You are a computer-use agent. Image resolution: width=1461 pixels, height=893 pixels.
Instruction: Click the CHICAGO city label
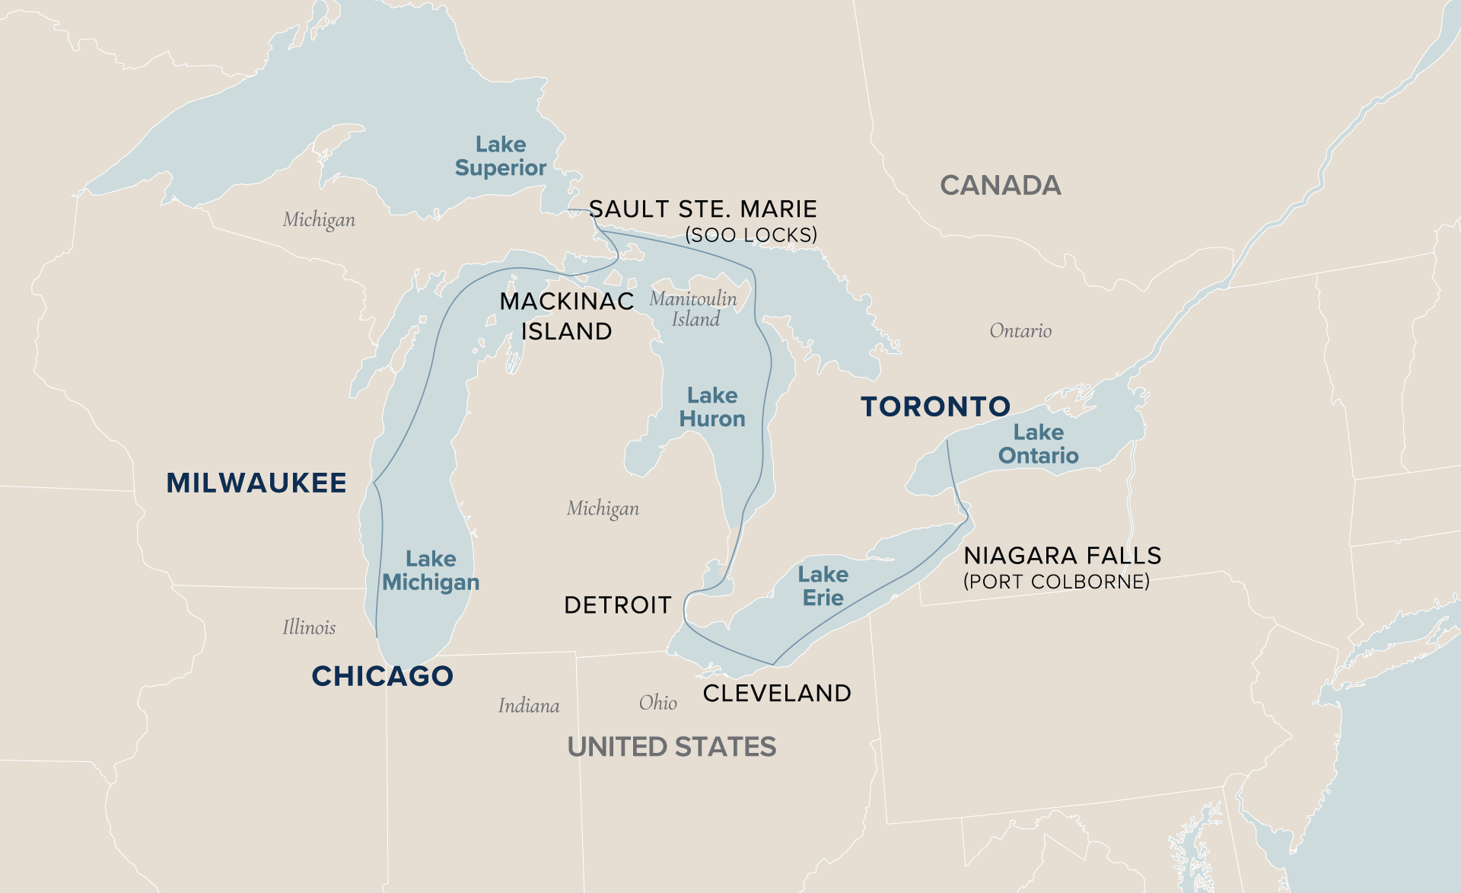[382, 676]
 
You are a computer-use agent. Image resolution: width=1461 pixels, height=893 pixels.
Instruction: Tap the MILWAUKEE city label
[256, 483]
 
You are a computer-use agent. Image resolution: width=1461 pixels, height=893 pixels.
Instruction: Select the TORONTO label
[935, 407]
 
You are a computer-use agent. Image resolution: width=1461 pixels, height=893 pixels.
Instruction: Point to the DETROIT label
[618, 605]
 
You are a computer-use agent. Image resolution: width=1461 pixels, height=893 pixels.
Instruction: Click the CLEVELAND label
[776, 693]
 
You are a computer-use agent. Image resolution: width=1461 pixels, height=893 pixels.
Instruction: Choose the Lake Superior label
[500, 156]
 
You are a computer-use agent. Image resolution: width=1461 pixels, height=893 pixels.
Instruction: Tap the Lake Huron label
[712, 407]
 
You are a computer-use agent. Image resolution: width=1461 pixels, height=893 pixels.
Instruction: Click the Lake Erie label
[823, 586]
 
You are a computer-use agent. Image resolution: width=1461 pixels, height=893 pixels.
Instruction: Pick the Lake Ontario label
[1038, 444]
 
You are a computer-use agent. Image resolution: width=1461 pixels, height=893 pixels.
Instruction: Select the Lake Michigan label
[431, 570]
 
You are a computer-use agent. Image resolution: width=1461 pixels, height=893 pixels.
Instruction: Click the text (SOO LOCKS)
[751, 235]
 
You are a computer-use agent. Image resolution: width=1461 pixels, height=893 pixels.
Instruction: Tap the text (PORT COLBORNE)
[1056, 582]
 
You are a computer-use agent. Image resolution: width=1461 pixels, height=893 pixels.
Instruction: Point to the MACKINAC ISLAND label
[567, 316]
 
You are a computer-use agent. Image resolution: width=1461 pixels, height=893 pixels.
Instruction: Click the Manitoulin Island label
[693, 308]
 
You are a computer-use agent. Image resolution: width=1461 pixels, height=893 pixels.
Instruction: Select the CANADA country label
[1000, 185]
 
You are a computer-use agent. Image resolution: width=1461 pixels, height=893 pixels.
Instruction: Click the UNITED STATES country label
[671, 747]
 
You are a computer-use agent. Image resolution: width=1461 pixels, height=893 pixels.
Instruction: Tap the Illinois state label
[309, 627]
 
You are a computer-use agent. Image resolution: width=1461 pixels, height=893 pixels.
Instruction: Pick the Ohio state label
[657, 702]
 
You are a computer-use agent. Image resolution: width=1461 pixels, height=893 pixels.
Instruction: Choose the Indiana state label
[529, 706]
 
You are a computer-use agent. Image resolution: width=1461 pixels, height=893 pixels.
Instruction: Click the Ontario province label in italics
[1020, 330]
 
